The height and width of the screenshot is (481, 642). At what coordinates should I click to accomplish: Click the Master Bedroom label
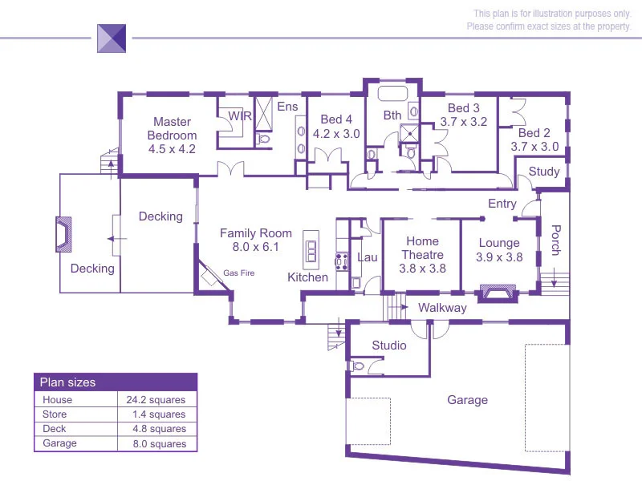coord(172,135)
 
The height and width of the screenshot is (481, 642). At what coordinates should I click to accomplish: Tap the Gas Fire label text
coord(238,273)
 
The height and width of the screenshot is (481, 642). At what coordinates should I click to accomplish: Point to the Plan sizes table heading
coord(67,382)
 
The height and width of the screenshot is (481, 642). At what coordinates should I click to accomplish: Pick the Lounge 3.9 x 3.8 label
coord(499,250)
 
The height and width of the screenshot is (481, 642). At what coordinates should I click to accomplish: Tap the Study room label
coord(544,172)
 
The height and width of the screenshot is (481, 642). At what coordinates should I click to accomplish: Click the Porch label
coord(555,240)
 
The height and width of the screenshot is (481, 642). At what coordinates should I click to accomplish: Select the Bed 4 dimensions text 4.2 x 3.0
coord(336,134)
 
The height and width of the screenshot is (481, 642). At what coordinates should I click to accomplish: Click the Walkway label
coord(442,308)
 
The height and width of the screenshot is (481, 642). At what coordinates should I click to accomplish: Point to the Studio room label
coord(389,346)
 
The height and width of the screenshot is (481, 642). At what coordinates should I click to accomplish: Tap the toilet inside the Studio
coord(358,366)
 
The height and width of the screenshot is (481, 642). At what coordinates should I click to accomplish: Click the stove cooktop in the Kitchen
coord(339,260)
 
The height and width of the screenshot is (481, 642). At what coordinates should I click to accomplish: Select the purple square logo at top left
coord(112,38)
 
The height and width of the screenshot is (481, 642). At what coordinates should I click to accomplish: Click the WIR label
coord(240,116)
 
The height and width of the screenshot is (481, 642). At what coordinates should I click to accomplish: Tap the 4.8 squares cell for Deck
coord(159,429)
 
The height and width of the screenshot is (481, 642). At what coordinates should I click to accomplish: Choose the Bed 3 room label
coord(464,115)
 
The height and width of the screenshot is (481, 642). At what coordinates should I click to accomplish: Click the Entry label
coord(502,204)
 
